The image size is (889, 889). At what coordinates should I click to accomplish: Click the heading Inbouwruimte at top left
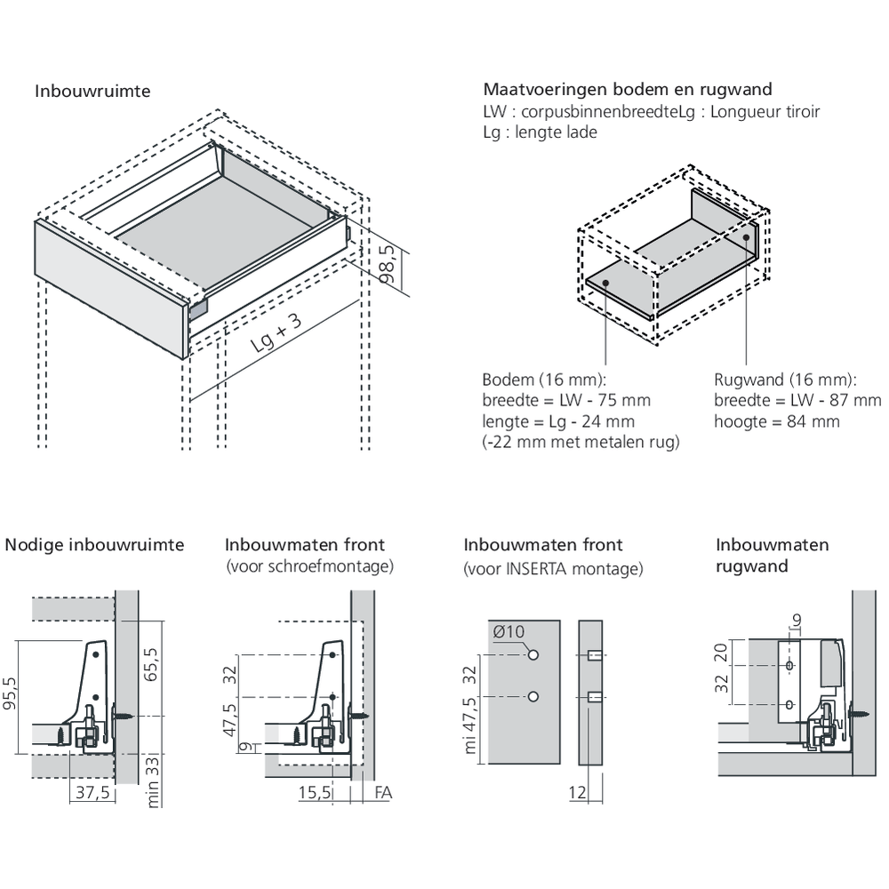click(92, 92)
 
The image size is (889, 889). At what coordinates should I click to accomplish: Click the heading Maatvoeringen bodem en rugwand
click(627, 90)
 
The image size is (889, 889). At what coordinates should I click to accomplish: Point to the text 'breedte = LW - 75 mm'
click(566, 400)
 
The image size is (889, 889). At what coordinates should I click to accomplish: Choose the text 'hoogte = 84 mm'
click(776, 422)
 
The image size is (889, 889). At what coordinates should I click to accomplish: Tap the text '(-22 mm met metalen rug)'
click(581, 442)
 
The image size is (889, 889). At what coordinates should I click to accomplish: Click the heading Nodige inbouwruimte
click(94, 544)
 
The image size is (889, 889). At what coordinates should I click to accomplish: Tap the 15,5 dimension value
click(313, 794)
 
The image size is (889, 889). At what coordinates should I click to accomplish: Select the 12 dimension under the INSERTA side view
click(577, 793)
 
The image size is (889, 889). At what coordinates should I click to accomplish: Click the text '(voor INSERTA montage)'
click(553, 568)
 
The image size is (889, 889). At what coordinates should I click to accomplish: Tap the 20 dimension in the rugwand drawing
click(721, 653)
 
